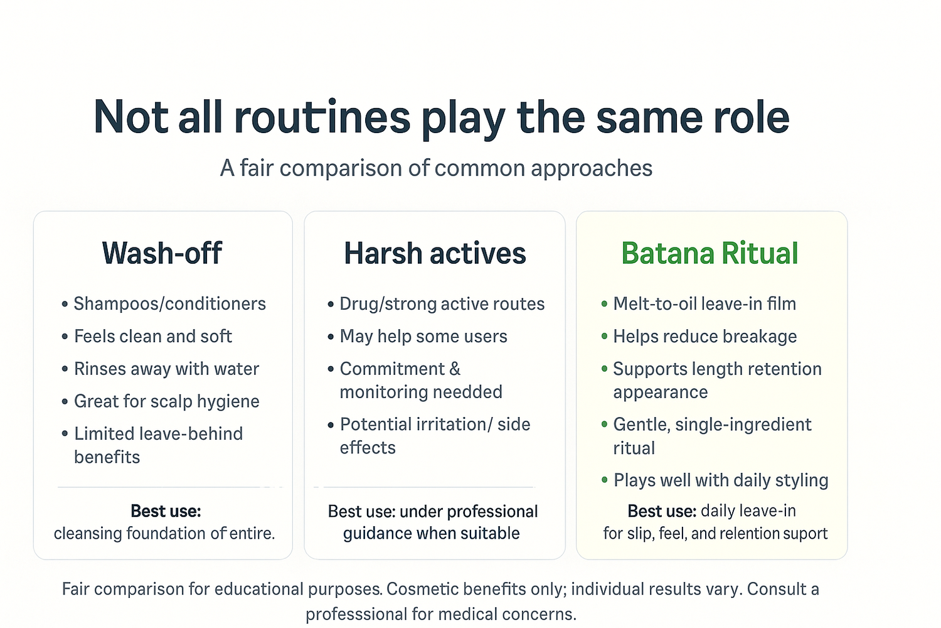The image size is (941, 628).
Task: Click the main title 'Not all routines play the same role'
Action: pyautogui.click(x=441, y=118)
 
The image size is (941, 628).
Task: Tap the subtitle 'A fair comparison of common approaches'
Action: pyautogui.click(x=436, y=168)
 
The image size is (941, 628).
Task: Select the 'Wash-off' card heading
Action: pyautogui.click(x=162, y=253)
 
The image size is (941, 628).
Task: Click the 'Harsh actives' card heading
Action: pyautogui.click(x=435, y=253)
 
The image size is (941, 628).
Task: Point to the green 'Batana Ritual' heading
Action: pyautogui.click(x=710, y=253)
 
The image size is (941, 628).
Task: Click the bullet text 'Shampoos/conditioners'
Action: pyautogui.click(x=170, y=304)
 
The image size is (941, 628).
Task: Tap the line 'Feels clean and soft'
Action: pyautogui.click(x=153, y=336)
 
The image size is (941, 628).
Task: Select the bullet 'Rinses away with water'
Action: pyautogui.click(x=166, y=369)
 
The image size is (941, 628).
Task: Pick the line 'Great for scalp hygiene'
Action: pyautogui.click(x=167, y=401)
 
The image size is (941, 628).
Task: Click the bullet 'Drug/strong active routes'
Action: pyautogui.click(x=442, y=304)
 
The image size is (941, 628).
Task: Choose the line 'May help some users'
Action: pyautogui.click(x=423, y=336)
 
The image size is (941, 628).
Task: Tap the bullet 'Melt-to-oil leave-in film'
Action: pyautogui.click(x=704, y=304)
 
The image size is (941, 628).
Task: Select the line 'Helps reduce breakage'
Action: pyautogui.click(x=705, y=336)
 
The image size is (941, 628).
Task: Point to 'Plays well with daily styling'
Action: pyautogui.click(x=721, y=480)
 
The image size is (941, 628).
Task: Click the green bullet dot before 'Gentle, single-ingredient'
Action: pyautogui.click(x=605, y=424)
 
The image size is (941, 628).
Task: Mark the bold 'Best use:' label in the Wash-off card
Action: pyautogui.click(x=166, y=511)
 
